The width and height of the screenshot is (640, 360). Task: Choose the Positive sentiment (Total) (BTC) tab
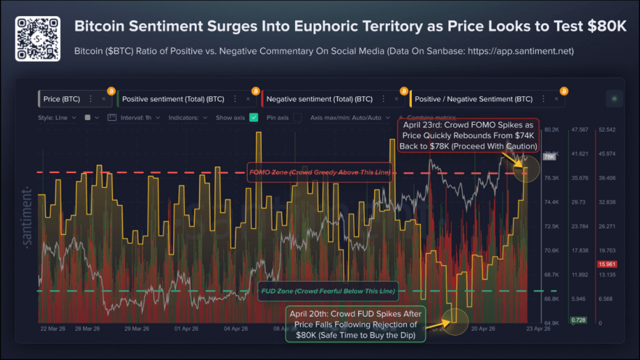[174, 99]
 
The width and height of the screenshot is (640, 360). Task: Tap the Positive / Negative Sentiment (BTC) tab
[474, 99]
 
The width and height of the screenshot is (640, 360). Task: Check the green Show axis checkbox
[254, 117]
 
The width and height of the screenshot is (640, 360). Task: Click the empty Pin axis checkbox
[297, 117]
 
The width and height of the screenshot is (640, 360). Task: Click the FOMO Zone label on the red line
[319, 172]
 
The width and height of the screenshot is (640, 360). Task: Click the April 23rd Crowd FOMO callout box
[468, 135]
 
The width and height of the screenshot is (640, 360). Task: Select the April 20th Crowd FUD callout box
[356, 324]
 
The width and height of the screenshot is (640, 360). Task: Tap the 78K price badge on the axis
[549, 157]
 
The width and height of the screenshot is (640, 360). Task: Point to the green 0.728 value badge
[578, 320]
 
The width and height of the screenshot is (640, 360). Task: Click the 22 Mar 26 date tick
[53, 328]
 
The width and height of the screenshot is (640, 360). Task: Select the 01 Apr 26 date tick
[187, 328]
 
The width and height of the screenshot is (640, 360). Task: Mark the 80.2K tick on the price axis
[551, 130]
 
